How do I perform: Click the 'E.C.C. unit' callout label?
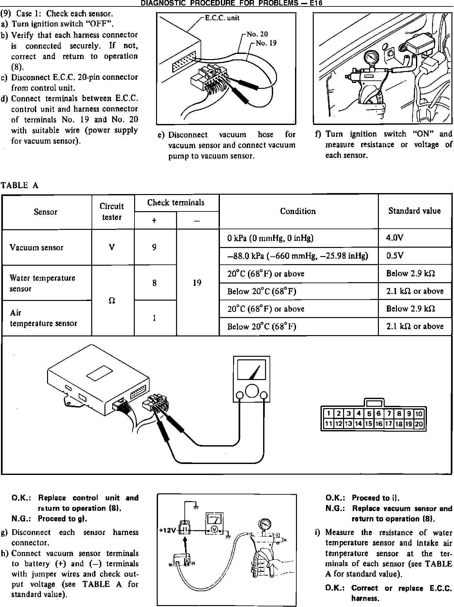(222, 18)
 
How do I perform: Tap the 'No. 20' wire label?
(257, 34)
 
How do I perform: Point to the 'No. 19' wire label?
(266, 43)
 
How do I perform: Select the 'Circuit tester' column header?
(112, 211)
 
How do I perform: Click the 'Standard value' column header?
(414, 211)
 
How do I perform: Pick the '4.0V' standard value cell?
(395, 238)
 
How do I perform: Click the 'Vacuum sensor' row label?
(36, 248)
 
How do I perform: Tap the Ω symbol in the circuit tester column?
(112, 300)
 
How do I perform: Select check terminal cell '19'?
(197, 283)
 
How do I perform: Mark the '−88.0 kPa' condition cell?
(297, 256)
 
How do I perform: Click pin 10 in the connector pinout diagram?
(419, 414)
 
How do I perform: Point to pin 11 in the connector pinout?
(328, 424)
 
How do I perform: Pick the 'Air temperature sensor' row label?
(43, 318)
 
